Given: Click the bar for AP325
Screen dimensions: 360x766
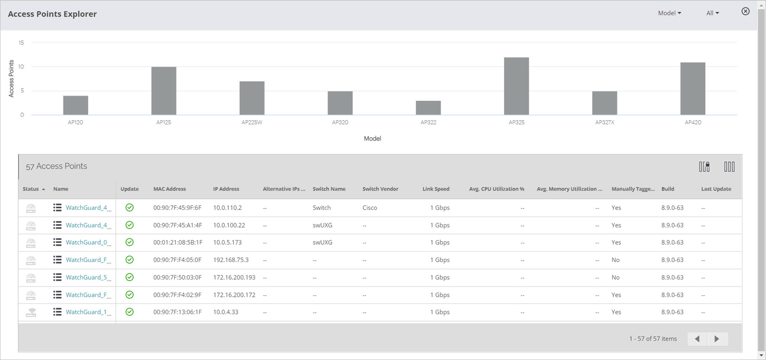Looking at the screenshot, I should click(516, 86).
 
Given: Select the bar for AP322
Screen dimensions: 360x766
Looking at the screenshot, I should click(428, 108).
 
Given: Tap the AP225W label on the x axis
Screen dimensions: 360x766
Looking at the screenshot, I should click(252, 122).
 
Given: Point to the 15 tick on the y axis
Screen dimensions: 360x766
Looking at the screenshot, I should click(21, 43).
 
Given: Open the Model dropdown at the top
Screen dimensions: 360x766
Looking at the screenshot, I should click(669, 13).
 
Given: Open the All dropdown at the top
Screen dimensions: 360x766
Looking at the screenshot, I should click(713, 13).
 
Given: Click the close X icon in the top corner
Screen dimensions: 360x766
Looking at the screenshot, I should click(745, 11).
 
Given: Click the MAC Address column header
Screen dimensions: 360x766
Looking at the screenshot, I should click(170, 189).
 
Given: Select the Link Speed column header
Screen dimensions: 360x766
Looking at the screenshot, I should click(436, 189).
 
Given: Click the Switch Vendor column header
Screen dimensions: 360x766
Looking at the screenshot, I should click(380, 189).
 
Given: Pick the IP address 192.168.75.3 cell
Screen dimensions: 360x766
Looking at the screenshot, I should click(231, 260).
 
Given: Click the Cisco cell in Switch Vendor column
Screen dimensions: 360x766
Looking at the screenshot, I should click(369, 208).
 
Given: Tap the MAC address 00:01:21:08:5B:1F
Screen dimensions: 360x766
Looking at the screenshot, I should click(178, 242).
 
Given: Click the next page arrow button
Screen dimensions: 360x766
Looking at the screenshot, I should click(717, 339).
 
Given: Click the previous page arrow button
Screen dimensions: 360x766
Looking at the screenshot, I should click(697, 339).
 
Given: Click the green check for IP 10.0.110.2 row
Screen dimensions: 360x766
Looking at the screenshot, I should click(129, 208).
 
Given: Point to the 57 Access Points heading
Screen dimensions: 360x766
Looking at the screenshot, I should click(56, 166).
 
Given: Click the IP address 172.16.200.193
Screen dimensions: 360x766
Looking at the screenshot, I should click(234, 277).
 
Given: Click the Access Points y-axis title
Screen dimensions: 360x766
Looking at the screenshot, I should click(11, 78).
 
